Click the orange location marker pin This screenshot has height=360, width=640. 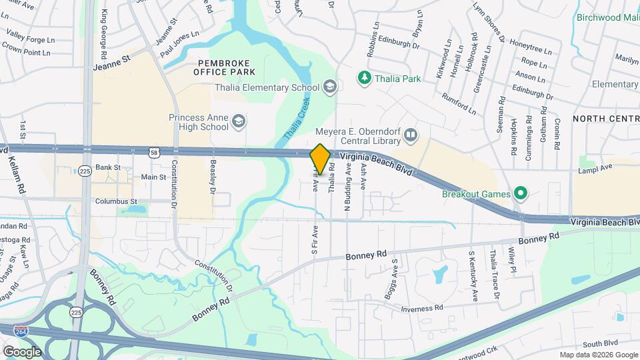(320, 159)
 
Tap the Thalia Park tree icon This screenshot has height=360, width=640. (365, 79)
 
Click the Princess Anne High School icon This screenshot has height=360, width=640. (239, 122)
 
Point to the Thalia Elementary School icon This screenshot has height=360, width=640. (329, 87)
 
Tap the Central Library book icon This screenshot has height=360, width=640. (411, 137)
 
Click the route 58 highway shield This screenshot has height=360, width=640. (154, 152)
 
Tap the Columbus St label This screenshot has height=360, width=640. (116, 201)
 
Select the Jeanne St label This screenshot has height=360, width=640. (112, 67)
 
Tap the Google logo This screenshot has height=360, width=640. (22, 351)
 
